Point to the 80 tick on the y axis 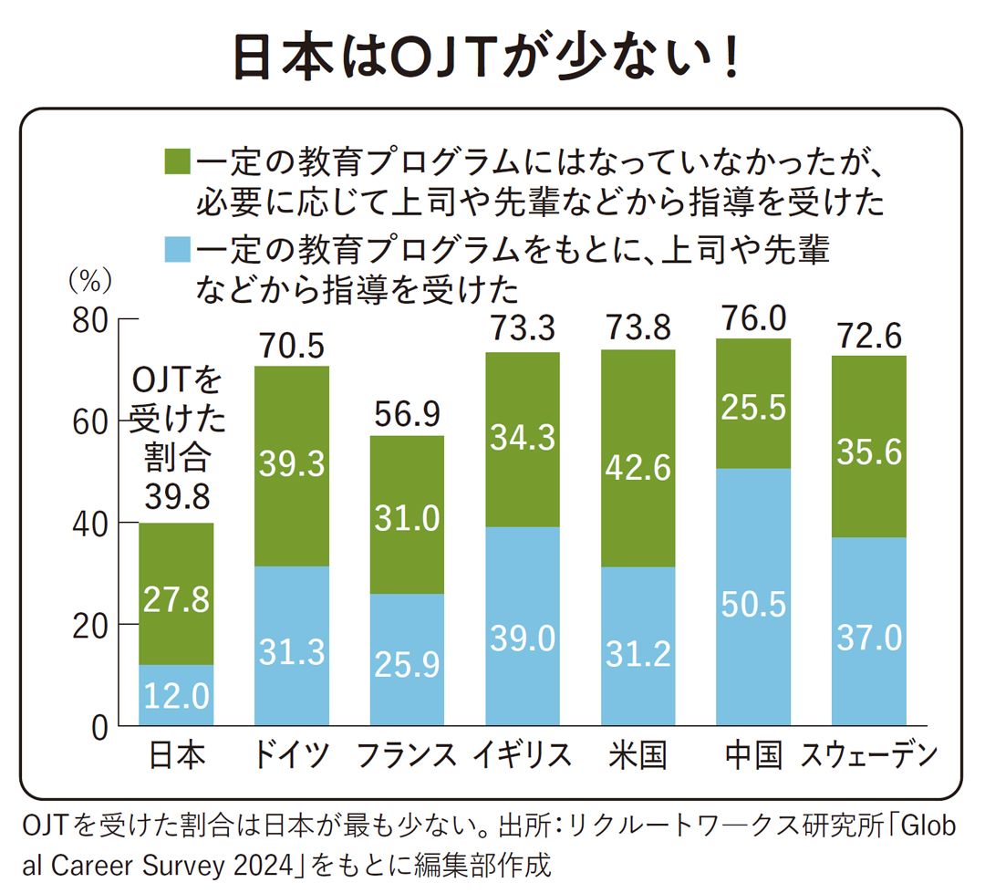[89, 321]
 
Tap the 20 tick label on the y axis [89, 626]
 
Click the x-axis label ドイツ [291, 755]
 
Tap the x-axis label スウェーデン [868, 755]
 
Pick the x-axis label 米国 [638, 755]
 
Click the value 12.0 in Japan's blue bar [177, 699]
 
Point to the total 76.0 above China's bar [752, 319]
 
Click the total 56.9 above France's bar [407, 416]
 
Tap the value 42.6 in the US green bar [638, 468]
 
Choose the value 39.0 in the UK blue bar [523, 639]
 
